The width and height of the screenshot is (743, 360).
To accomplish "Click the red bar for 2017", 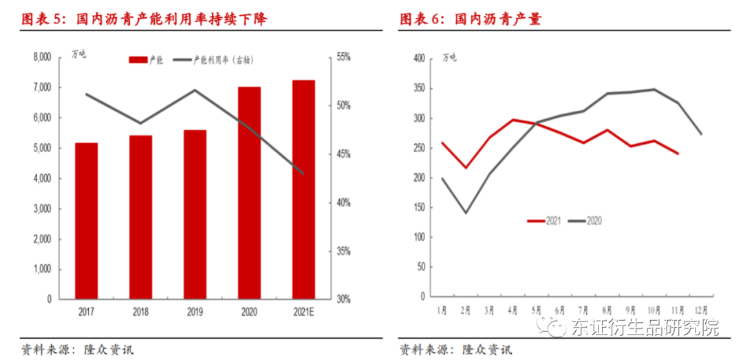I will (x=86, y=221).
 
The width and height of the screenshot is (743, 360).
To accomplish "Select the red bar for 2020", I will (x=249, y=193).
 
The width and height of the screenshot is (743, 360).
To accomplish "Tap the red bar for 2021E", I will (x=303, y=189).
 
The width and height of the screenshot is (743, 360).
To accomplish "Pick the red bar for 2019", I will (x=195, y=214).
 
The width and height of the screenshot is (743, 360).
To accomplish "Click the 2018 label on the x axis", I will (x=140, y=311).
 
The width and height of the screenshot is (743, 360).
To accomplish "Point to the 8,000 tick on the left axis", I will (x=42, y=57).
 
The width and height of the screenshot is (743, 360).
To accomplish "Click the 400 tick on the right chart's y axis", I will (x=418, y=59).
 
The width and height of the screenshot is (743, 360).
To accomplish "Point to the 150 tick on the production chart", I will (x=418, y=207).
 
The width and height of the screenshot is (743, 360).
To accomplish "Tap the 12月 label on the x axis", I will (x=700, y=310).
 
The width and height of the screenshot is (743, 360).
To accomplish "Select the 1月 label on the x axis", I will (x=444, y=310).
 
